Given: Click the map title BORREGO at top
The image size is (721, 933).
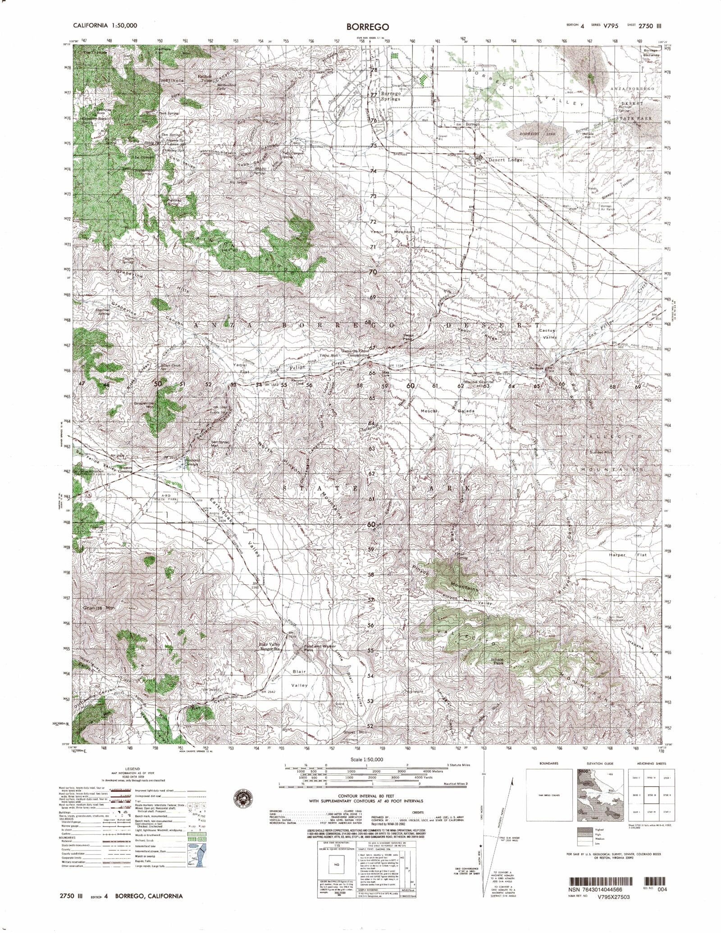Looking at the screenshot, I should coord(365,27).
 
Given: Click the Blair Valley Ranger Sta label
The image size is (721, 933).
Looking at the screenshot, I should coord(270,648).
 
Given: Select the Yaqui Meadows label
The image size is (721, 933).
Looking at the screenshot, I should coord(391,232).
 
